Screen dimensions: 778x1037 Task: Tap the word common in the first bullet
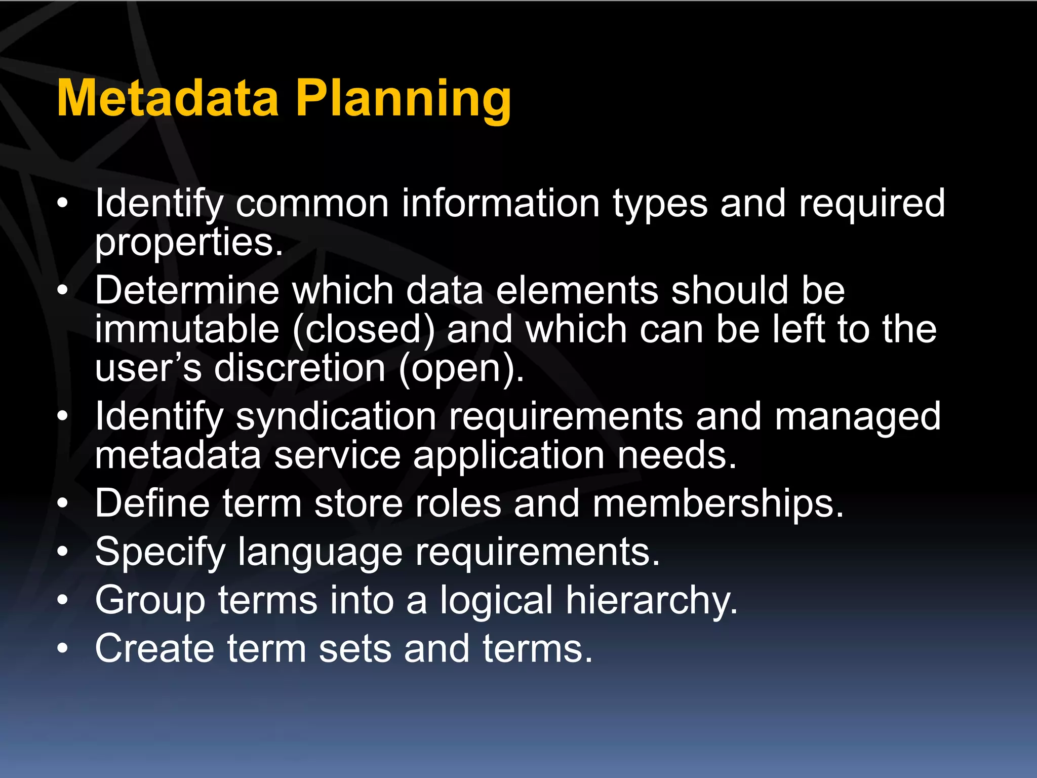click(x=312, y=204)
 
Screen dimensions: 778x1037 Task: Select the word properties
click(x=188, y=244)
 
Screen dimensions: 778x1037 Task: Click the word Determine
click(x=187, y=291)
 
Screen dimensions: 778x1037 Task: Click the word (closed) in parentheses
click(x=364, y=330)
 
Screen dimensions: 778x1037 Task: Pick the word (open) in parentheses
click(x=461, y=369)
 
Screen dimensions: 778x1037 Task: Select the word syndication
click(x=336, y=417)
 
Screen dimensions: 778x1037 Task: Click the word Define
click(x=152, y=503)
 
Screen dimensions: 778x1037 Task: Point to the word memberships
click(x=718, y=504)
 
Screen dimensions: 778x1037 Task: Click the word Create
click(x=154, y=649)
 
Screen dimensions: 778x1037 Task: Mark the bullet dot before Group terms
click(x=62, y=601)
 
